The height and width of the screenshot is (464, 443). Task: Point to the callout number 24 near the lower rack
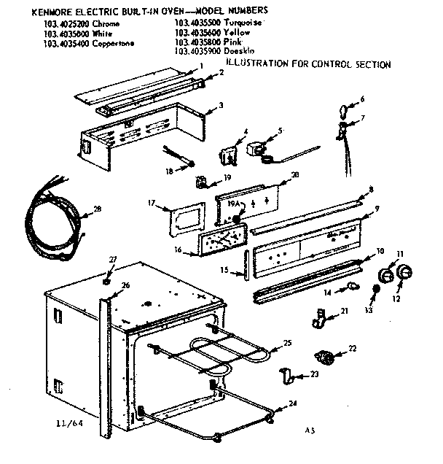coord(292,403)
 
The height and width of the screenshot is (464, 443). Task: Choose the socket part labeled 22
coord(324,357)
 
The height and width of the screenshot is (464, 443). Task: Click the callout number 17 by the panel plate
coord(152,202)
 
